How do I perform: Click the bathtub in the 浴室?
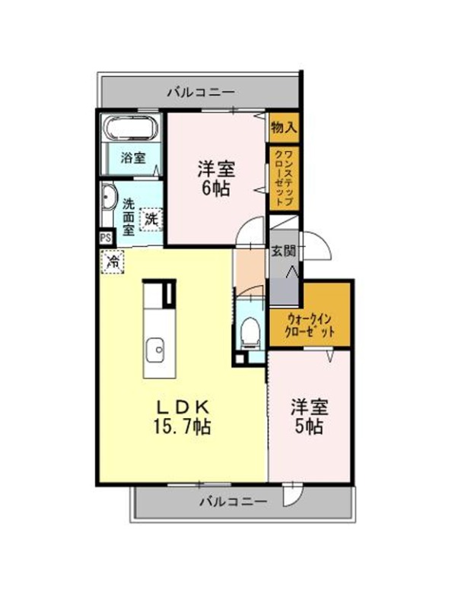tap(130, 128)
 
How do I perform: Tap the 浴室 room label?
tap(132, 158)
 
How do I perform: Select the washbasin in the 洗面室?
tap(109, 198)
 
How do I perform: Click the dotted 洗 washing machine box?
tap(151, 220)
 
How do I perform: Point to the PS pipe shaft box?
tap(106, 238)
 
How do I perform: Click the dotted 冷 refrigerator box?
tap(113, 261)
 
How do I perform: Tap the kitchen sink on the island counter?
tap(155, 350)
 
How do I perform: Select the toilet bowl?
tap(250, 332)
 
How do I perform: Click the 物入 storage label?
tap(284, 127)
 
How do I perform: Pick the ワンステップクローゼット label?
tap(284, 178)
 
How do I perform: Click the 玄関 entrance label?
tap(283, 251)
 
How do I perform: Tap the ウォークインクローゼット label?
tap(310, 326)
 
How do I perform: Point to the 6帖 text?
tap(216, 188)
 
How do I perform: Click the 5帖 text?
tap(309, 426)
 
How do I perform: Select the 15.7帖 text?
tap(183, 426)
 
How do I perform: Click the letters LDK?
tap(183, 407)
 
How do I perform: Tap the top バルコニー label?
tap(201, 92)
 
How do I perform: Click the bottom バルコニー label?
tap(234, 502)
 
